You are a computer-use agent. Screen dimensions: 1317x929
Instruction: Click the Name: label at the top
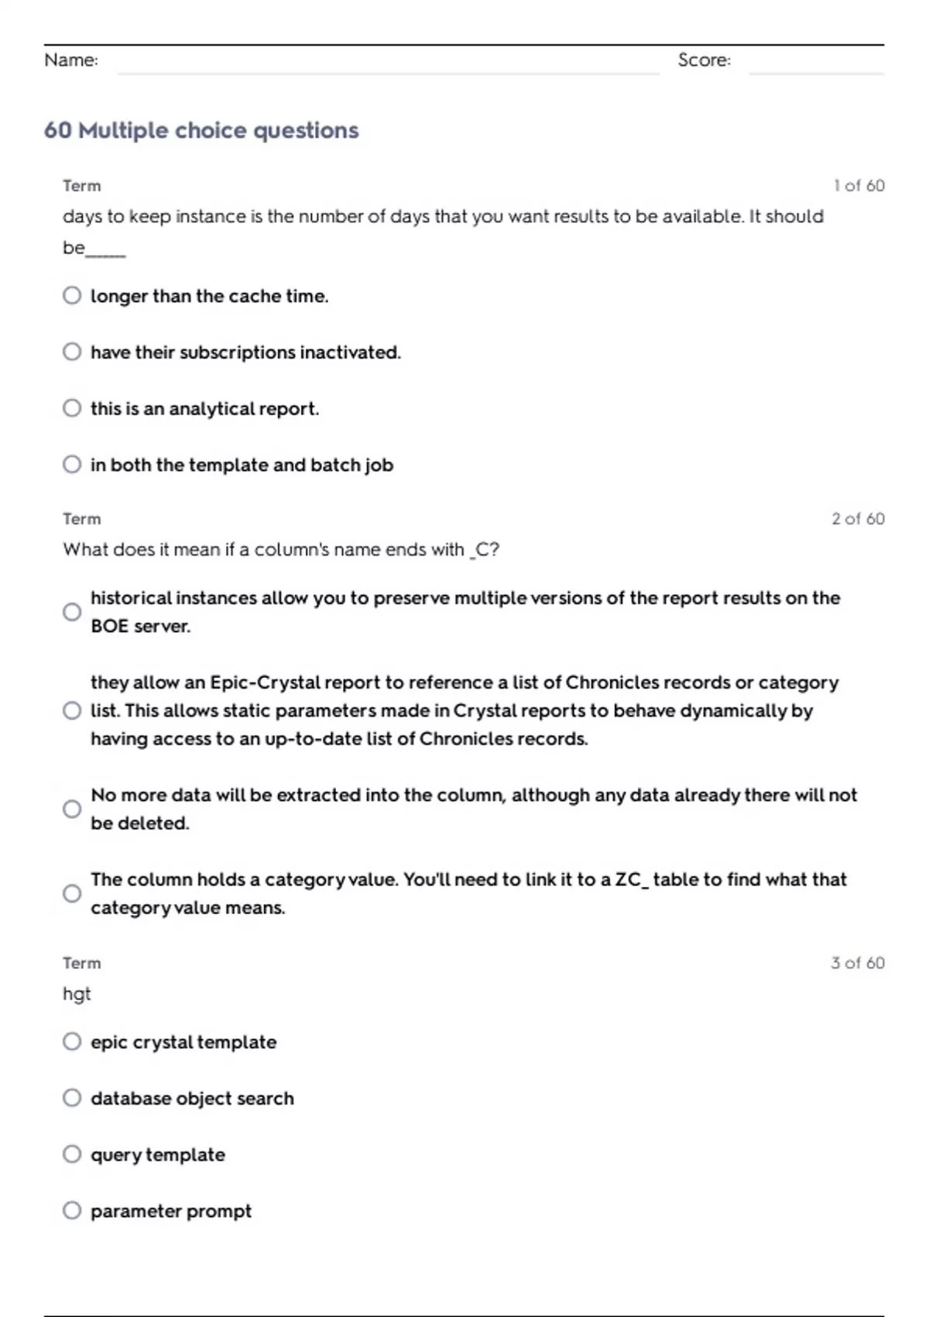[x=71, y=60]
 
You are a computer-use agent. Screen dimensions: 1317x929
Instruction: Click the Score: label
[x=704, y=60]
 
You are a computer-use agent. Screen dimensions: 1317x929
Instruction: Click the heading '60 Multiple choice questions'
[x=201, y=130]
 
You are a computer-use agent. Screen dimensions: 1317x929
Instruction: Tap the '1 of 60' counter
[x=859, y=186]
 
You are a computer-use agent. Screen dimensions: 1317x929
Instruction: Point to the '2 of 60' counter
[x=858, y=519]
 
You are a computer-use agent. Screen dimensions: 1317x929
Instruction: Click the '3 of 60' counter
[x=857, y=963]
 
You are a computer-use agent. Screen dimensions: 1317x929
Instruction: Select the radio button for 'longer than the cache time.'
[x=72, y=296]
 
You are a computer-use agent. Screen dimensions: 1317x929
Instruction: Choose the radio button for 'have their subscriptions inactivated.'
[x=72, y=352]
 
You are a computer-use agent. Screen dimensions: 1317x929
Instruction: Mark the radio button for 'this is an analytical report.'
[x=72, y=408]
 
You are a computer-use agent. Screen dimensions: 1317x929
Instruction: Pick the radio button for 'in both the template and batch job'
[x=72, y=465]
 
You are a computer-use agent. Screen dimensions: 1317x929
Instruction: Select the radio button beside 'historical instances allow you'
[x=72, y=612]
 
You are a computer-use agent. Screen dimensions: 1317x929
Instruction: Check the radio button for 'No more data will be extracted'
[x=72, y=809]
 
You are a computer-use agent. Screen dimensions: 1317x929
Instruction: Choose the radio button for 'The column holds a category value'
[x=72, y=893]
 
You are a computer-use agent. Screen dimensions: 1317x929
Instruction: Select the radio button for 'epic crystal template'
[x=72, y=1042]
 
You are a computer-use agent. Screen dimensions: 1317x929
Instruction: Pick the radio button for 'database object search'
[x=72, y=1099]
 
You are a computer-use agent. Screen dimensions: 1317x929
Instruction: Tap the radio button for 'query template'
[x=72, y=1154]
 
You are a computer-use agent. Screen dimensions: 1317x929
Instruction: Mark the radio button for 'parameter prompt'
[x=72, y=1211]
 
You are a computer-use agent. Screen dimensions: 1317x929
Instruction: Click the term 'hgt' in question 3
[x=77, y=994]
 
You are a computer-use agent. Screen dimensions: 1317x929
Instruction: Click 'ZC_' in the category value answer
[x=632, y=880]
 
